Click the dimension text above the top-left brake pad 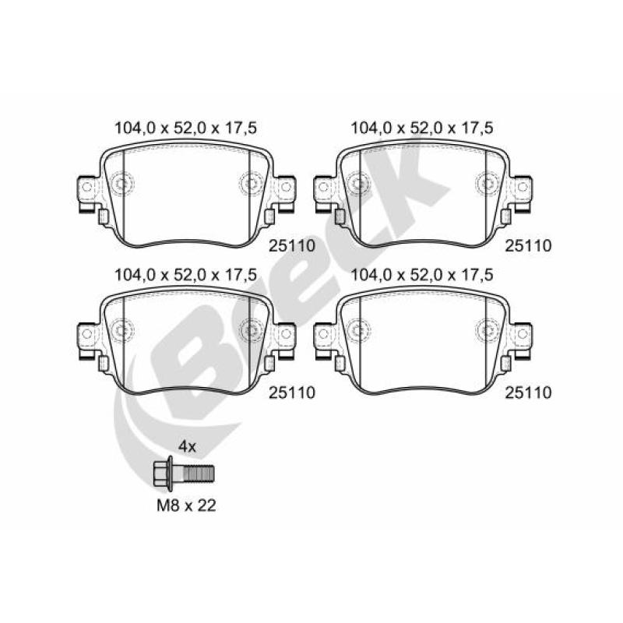click(x=185, y=128)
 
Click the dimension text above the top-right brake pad click(x=422, y=128)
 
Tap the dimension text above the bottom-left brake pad click(x=185, y=275)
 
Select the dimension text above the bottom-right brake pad click(x=422, y=275)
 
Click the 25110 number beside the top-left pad click(x=292, y=245)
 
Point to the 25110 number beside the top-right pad click(x=528, y=245)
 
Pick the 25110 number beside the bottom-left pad click(x=292, y=392)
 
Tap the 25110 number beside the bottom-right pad click(x=528, y=392)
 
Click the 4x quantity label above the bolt click(x=187, y=446)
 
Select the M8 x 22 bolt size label click(x=186, y=505)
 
